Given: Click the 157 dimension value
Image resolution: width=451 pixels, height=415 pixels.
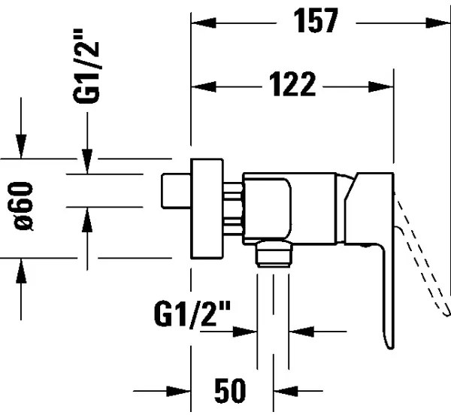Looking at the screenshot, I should pyautogui.click(x=313, y=22).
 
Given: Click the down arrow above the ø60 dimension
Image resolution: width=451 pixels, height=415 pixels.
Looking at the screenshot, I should pyautogui.click(x=23, y=147).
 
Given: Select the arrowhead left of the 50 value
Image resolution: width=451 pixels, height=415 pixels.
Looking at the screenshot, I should pyautogui.click(x=180, y=392).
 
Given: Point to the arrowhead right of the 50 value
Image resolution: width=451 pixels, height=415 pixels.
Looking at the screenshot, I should pyautogui.click(x=283, y=392).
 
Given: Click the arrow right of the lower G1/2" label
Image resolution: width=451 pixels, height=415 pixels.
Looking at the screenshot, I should pyautogui.click(x=301, y=331).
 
